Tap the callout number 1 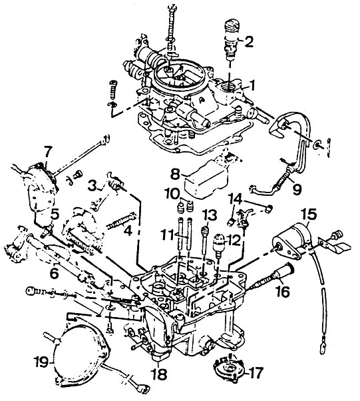252,85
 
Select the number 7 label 48,152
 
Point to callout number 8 176,175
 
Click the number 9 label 296,189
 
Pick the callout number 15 308,214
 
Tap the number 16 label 282,291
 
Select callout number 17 256,372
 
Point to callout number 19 42,362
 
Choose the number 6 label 55,274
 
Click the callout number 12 233,240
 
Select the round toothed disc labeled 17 228,368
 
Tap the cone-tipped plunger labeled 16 275,277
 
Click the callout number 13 210,216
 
